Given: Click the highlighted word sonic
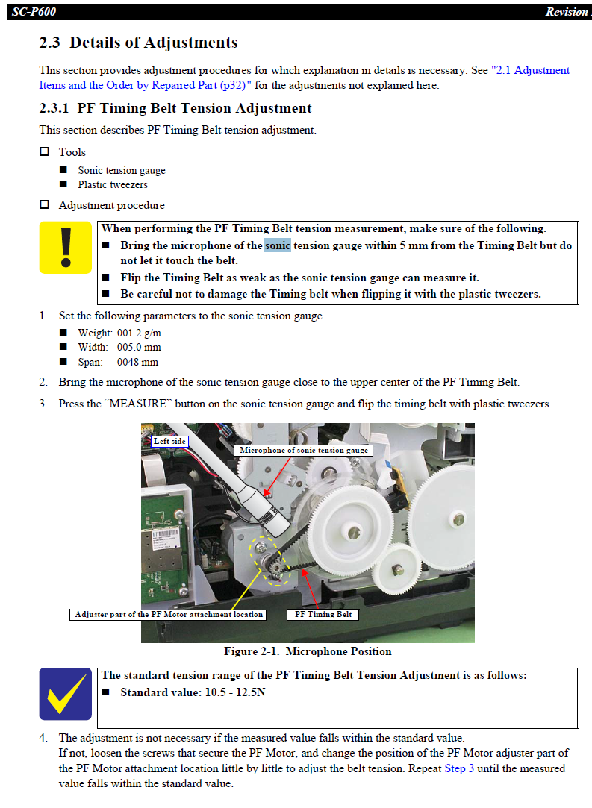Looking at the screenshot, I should [x=278, y=245].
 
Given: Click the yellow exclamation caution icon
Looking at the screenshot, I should [x=66, y=249].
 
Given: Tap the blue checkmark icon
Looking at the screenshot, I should [x=66, y=694].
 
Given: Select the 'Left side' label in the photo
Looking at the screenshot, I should [x=169, y=441].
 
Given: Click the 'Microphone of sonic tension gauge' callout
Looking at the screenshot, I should [x=304, y=450].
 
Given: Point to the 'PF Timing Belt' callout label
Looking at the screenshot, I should [x=323, y=614].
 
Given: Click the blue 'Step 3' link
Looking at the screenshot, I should [x=459, y=768].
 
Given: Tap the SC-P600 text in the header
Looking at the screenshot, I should [x=34, y=12].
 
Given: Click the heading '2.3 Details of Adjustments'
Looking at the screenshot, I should [x=139, y=43].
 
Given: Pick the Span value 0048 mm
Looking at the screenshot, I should [x=137, y=362].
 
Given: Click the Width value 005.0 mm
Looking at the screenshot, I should [x=139, y=347].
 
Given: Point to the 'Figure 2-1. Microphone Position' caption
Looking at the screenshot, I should [x=308, y=651].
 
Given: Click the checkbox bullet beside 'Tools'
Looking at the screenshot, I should [x=44, y=151].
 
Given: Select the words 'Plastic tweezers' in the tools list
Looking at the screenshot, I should [x=113, y=184].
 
